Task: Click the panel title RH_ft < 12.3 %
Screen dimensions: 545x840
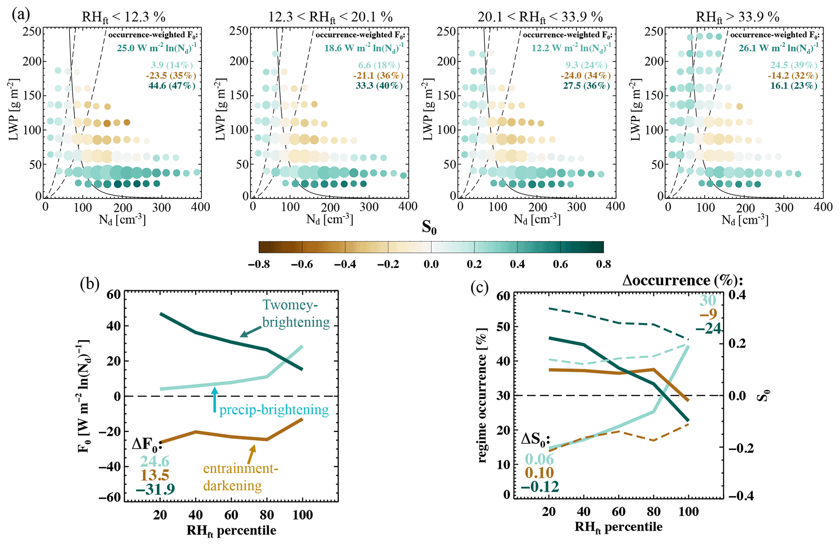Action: point(124,17)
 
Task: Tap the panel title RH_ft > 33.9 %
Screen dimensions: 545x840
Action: point(738,17)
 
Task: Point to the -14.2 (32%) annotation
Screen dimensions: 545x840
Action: point(792,76)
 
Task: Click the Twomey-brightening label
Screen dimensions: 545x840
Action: point(296,313)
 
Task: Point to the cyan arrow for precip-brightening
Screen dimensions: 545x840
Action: point(215,400)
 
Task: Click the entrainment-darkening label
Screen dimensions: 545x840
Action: point(241,477)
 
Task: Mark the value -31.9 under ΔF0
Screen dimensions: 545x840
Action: point(155,489)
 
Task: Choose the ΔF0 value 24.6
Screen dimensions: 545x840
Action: point(155,461)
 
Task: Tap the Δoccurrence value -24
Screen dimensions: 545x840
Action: point(708,328)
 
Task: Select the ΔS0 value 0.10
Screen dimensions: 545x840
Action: point(539,473)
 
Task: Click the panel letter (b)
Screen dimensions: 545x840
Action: point(90,284)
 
